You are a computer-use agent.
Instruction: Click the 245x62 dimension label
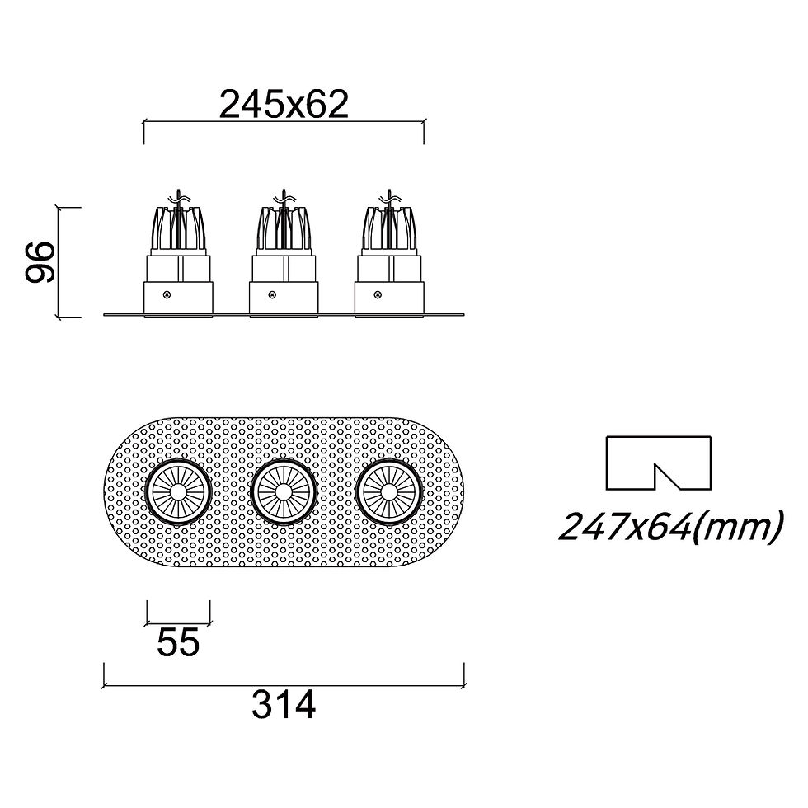click(x=284, y=105)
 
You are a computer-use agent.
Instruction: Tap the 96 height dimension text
click(x=40, y=262)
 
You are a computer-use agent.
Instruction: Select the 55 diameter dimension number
click(x=178, y=642)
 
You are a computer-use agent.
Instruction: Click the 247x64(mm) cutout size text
click(x=671, y=527)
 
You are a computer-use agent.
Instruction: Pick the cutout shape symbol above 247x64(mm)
click(x=659, y=463)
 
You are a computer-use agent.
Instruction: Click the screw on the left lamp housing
click(x=167, y=295)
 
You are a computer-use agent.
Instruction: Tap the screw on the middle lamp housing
click(x=272, y=295)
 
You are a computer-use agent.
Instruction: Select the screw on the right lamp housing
click(x=378, y=295)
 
